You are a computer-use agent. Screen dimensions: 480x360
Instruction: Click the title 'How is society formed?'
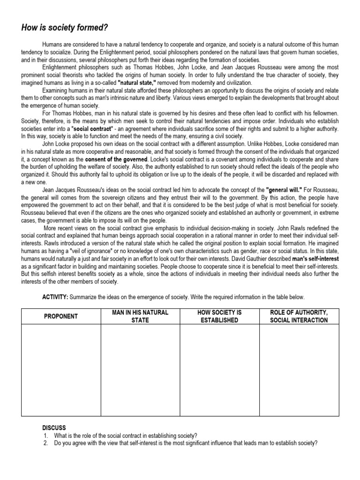[65, 28]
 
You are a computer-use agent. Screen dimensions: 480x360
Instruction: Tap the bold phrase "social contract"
[98, 128]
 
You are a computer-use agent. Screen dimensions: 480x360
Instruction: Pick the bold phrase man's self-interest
[313, 259]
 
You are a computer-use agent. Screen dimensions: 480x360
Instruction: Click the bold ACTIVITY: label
[55, 297]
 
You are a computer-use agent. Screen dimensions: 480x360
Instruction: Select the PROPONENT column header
[61, 316]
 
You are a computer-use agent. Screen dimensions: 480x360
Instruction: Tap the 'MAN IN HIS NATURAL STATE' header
[140, 316]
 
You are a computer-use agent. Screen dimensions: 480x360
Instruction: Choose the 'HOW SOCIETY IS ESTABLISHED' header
[219, 316]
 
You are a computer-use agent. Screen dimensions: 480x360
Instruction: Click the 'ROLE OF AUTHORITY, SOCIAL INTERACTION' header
[299, 316]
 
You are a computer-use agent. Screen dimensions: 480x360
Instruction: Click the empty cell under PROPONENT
[61, 370]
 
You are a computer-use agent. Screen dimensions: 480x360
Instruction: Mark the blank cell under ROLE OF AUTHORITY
[299, 370]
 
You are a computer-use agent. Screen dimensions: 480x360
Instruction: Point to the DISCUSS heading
[54, 428]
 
